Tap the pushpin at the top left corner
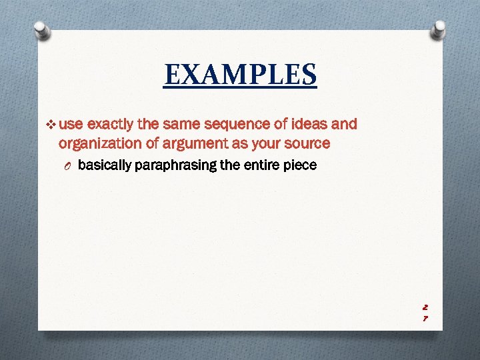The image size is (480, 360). [41, 30]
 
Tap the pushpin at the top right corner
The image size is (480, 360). [439, 30]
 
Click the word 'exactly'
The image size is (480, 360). [111, 124]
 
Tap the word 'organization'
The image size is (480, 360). [99, 143]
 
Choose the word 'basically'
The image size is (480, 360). [104, 165]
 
